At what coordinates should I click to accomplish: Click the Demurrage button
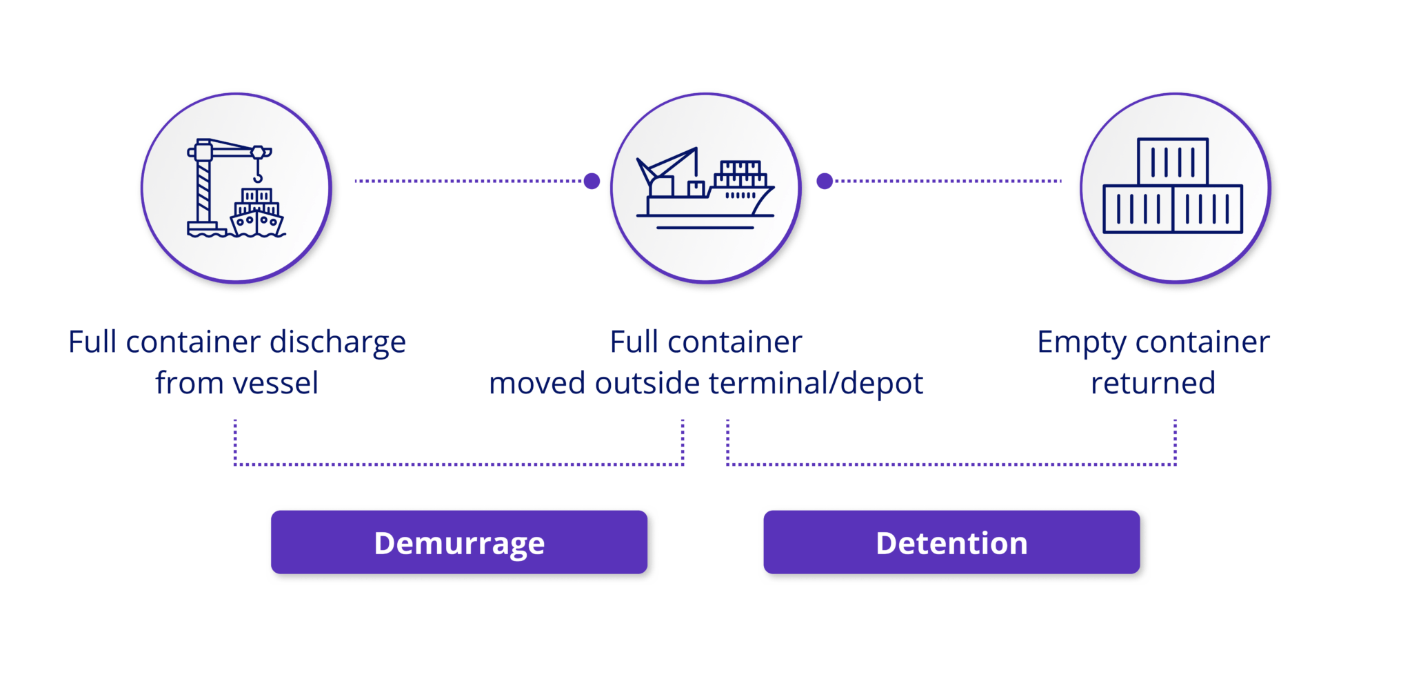[460, 543]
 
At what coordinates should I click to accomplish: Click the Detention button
[952, 543]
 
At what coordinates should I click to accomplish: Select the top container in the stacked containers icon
[1173, 161]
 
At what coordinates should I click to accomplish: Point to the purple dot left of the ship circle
[591, 181]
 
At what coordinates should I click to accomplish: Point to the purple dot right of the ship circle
[824, 181]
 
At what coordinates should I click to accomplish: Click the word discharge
[337, 343]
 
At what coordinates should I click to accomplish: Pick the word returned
[1153, 384]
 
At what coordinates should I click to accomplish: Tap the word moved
[537, 384]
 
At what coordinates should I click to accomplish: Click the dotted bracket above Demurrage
[458, 464]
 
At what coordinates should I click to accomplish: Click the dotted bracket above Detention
[951, 464]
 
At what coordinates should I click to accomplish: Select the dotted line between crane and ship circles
[469, 181]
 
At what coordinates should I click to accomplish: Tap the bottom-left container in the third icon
[1138, 208]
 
